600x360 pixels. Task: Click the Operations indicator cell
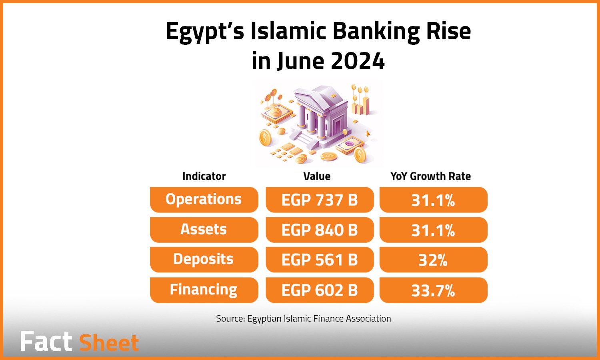[x=204, y=200]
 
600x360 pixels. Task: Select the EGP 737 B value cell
[x=319, y=200]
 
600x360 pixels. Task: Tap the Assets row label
[x=204, y=230]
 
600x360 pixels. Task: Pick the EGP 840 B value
[x=319, y=230]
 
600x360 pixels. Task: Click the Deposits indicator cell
[x=204, y=260]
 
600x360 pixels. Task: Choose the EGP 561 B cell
[x=319, y=260]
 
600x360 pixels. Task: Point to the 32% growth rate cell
[x=433, y=260]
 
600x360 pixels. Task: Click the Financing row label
[x=204, y=290]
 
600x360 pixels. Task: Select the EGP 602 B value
[x=319, y=290]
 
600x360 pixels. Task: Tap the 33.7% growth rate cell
[x=433, y=290]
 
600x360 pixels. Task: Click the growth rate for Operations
[x=433, y=200]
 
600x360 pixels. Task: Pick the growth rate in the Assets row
[x=433, y=230]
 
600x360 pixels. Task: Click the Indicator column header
[x=204, y=176]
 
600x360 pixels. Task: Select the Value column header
[x=317, y=176]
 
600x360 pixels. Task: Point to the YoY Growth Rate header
[x=430, y=176]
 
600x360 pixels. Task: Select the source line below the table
[x=303, y=318]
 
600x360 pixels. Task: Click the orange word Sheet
[x=109, y=343]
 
